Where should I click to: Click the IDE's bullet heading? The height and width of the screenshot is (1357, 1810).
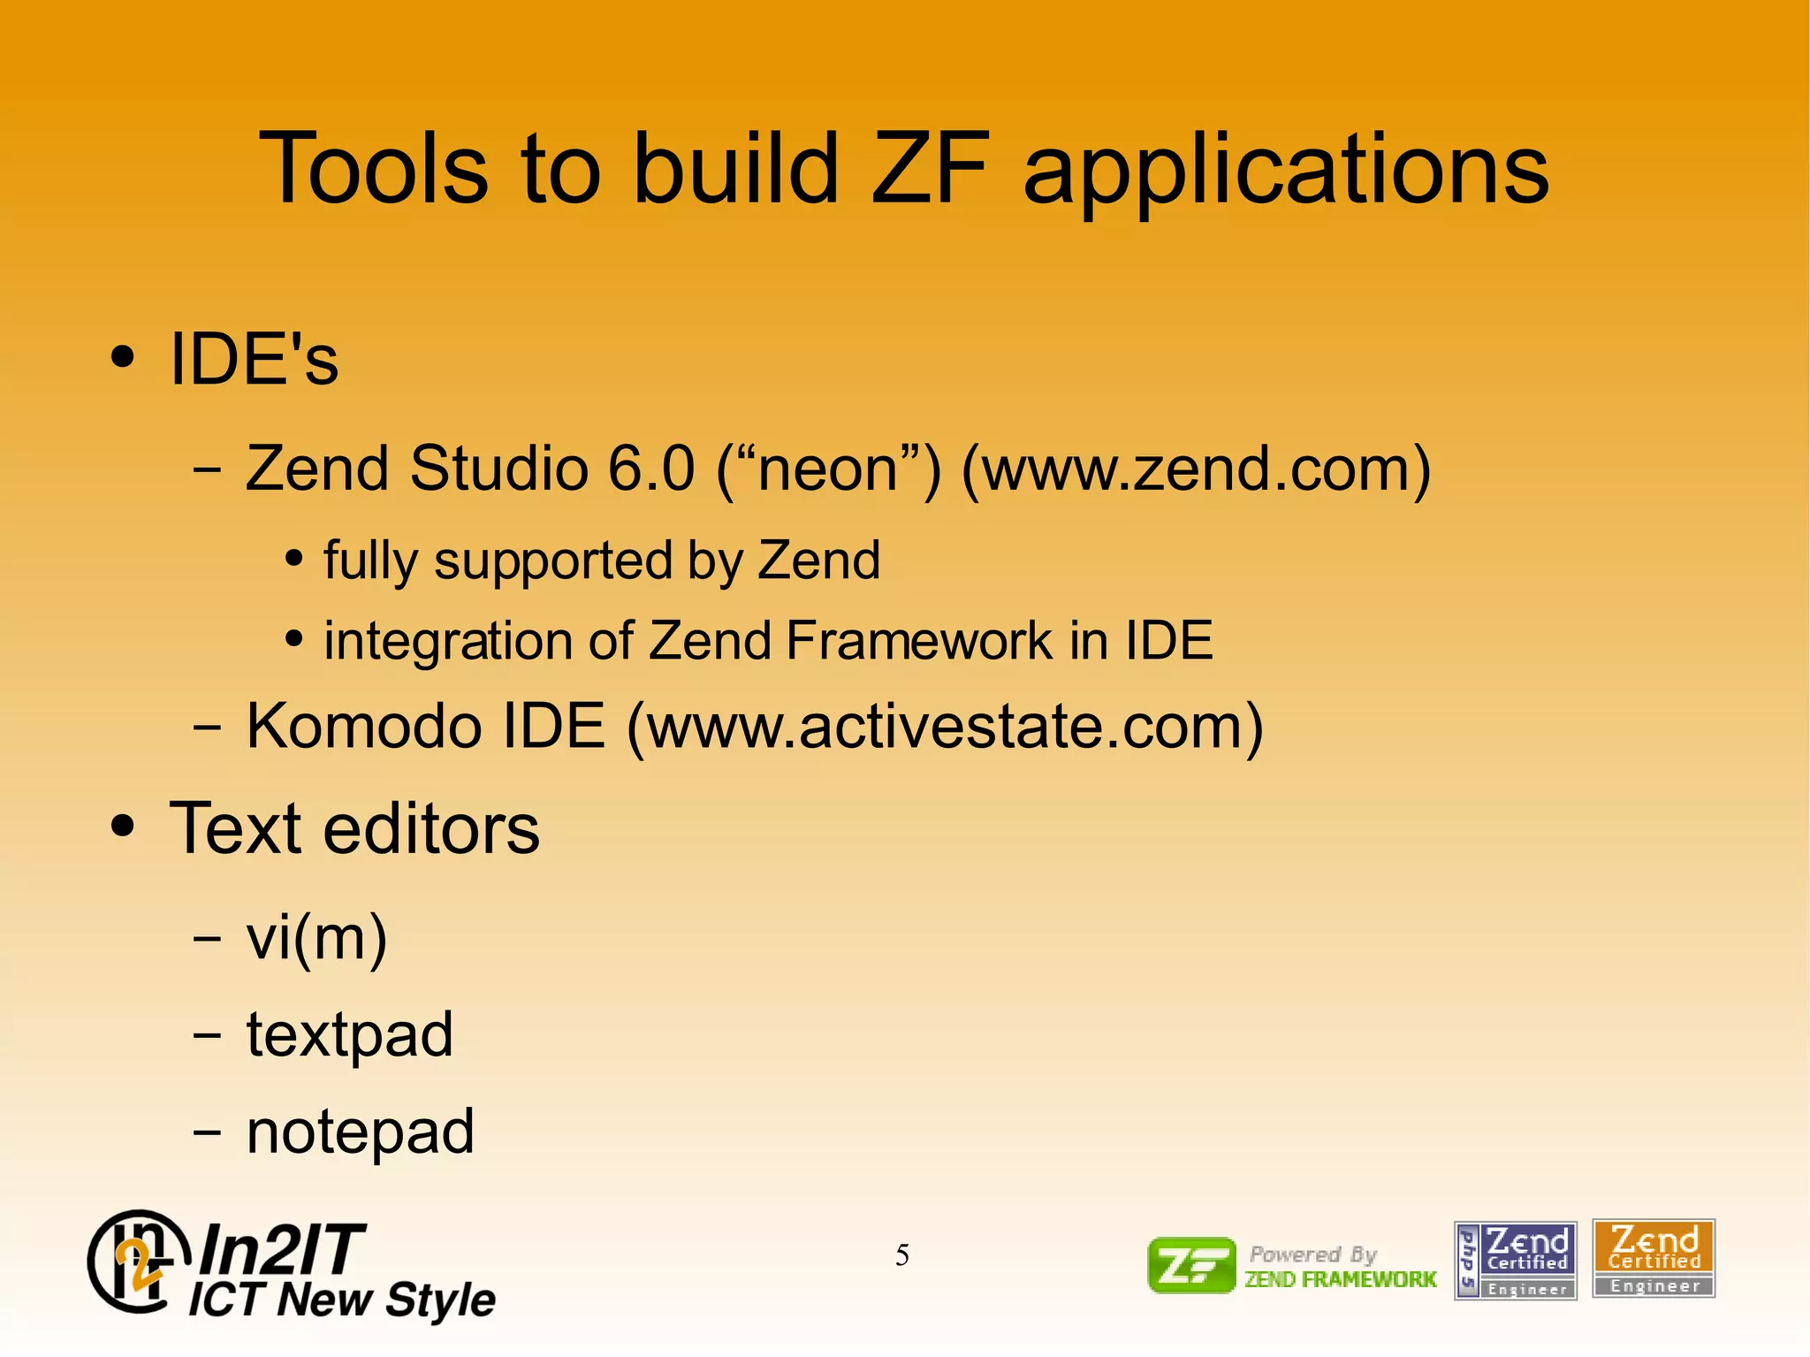point(254,359)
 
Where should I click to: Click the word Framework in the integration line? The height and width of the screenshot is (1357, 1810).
point(919,640)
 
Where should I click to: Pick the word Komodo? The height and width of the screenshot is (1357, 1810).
point(362,726)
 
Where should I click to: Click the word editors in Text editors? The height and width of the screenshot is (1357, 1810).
point(430,828)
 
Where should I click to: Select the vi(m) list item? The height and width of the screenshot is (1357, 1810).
point(316,938)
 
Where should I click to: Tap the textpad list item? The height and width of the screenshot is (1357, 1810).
point(349,1034)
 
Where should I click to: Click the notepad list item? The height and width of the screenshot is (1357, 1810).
point(360,1132)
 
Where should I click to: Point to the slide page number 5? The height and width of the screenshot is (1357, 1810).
point(901,1255)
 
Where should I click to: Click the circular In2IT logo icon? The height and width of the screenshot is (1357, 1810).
point(138,1262)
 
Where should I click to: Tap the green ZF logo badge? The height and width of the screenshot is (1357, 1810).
point(1190,1265)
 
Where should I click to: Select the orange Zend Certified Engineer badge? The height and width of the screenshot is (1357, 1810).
point(1653,1259)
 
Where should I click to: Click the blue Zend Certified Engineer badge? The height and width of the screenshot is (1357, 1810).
point(1515,1260)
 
